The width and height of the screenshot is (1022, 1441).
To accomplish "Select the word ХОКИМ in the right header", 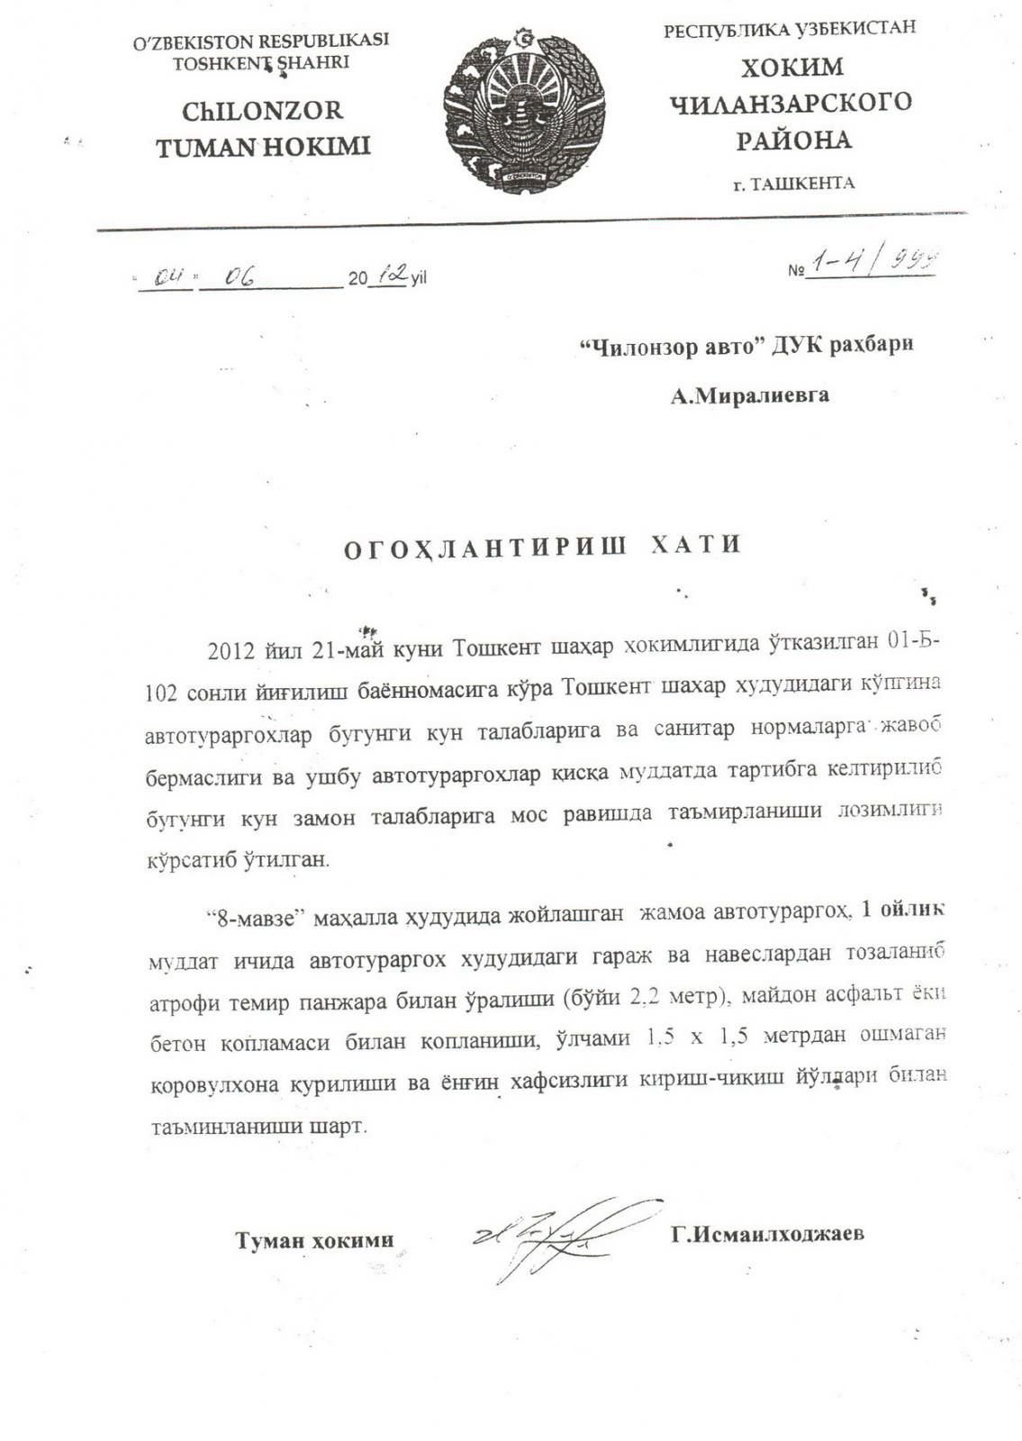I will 791,68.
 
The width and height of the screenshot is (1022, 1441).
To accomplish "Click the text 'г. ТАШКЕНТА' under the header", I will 793,184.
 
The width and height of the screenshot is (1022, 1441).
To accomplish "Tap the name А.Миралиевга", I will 749,394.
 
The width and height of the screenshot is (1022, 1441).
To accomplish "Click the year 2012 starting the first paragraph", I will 231,650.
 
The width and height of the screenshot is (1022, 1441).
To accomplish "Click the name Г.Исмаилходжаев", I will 767,1234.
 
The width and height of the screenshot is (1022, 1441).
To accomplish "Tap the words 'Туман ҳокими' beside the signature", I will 314,1240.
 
